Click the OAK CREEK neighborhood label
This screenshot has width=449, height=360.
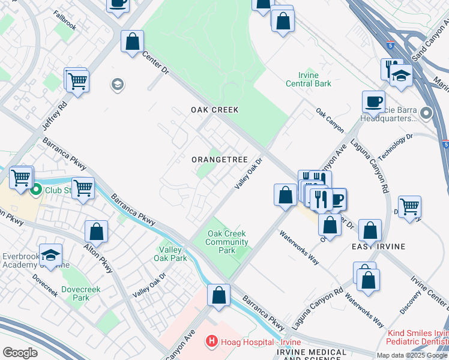pyautogui.click(x=215, y=110)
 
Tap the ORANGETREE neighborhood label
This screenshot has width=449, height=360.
pyautogui.click(x=220, y=160)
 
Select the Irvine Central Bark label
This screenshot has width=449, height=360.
pyautogui.click(x=306, y=79)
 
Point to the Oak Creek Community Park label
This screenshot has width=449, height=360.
pyautogui.click(x=228, y=242)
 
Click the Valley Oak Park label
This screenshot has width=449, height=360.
pyautogui.click(x=173, y=254)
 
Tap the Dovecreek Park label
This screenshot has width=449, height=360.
pyautogui.click(x=82, y=293)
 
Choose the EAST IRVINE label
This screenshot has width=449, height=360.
pyautogui.click(x=378, y=247)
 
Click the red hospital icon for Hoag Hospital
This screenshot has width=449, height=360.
pyautogui.click(x=211, y=341)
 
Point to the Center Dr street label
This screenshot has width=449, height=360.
pyautogui.click(x=156, y=62)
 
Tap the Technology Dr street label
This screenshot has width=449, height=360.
pyautogui.click(x=402, y=146)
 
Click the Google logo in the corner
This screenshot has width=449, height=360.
pyautogui.click(x=20, y=353)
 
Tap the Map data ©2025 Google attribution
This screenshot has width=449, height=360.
pyautogui.click(x=412, y=355)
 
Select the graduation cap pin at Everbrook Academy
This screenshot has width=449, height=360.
pyautogui.click(x=51, y=255)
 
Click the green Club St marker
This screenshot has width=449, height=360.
pyautogui.click(x=36, y=191)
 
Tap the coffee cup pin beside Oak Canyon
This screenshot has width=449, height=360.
pyautogui.click(x=373, y=102)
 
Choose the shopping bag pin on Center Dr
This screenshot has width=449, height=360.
pyautogui.click(x=133, y=43)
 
